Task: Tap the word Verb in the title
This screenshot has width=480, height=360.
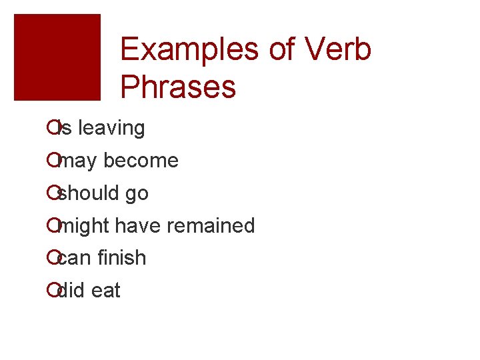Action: coord(339,50)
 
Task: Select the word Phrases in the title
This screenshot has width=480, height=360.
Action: coord(179,87)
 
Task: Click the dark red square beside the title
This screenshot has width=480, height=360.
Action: coord(57,57)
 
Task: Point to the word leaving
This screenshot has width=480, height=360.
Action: coord(111,128)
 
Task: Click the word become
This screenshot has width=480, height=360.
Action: coord(141,161)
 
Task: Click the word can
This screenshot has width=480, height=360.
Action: coord(74,258)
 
